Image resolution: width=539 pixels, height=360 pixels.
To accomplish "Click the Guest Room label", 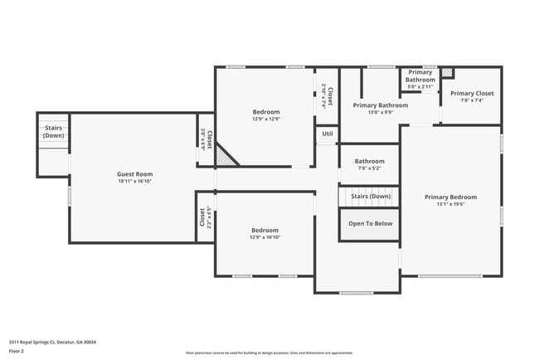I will (x=134, y=174).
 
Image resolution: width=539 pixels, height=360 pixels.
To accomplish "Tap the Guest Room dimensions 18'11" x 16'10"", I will (x=134, y=181).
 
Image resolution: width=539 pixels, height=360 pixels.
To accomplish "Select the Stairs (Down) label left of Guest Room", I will (x=53, y=132).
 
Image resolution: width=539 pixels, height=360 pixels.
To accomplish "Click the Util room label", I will (x=327, y=134).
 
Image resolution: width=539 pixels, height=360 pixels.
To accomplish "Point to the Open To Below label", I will (x=370, y=223).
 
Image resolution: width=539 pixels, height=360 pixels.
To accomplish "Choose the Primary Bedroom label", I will (x=450, y=197).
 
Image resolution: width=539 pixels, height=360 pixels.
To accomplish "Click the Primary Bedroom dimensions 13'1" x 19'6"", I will (x=450, y=203).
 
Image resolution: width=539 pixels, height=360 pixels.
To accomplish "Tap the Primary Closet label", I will (x=472, y=93).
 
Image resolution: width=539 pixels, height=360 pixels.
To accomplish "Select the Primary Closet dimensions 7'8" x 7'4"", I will (x=472, y=100).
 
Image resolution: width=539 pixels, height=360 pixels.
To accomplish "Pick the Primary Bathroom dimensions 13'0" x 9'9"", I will (x=380, y=113).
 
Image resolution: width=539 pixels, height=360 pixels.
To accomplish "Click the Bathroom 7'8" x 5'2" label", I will (x=369, y=164).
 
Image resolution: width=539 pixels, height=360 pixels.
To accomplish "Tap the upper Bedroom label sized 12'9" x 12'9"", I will (x=266, y=112).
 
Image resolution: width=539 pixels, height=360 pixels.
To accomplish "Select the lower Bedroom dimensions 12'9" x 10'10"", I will (x=265, y=237).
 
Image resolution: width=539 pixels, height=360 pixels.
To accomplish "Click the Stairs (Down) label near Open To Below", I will (x=369, y=197).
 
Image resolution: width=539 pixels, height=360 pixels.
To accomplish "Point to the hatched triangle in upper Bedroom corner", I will (x=225, y=156).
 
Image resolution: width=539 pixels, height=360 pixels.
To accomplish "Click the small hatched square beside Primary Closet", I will (x=448, y=73).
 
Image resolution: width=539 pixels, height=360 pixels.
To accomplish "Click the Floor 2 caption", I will (x=17, y=351).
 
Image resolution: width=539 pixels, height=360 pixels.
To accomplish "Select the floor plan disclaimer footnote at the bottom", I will (x=269, y=353).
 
